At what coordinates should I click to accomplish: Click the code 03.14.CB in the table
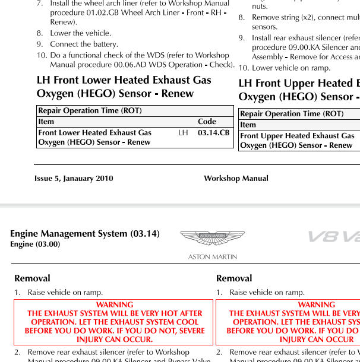click(x=213, y=133)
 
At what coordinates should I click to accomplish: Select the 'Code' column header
click(x=207, y=122)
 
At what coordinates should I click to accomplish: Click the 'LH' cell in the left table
click(x=183, y=133)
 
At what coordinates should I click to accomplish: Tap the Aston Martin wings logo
click(x=212, y=239)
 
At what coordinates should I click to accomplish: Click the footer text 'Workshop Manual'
click(x=236, y=178)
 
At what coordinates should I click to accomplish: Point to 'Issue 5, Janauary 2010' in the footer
click(x=74, y=178)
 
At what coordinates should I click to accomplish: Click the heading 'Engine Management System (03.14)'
click(x=85, y=234)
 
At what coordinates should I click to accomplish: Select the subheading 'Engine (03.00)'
click(x=35, y=244)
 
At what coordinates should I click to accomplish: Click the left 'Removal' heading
click(x=32, y=278)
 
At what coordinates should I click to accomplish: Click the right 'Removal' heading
click(x=234, y=278)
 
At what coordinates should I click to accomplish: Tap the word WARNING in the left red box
click(x=115, y=304)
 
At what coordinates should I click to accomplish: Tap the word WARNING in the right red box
click(x=317, y=304)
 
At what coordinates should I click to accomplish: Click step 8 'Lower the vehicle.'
click(x=80, y=33)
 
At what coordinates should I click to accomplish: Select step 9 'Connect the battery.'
click(x=84, y=44)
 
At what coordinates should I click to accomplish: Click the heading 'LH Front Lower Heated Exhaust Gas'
click(x=124, y=80)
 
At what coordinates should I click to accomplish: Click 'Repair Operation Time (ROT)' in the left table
click(x=90, y=110)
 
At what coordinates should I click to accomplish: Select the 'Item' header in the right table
click(x=248, y=125)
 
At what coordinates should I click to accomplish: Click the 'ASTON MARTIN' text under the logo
click(x=212, y=257)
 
